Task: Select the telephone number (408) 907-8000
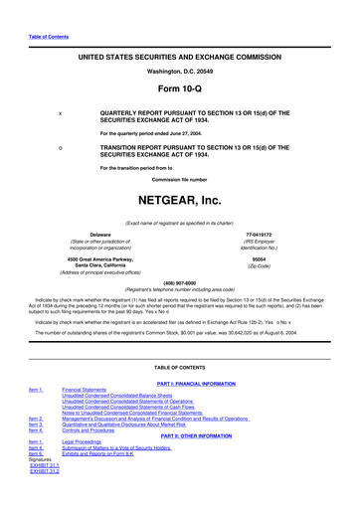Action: click(179, 279)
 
